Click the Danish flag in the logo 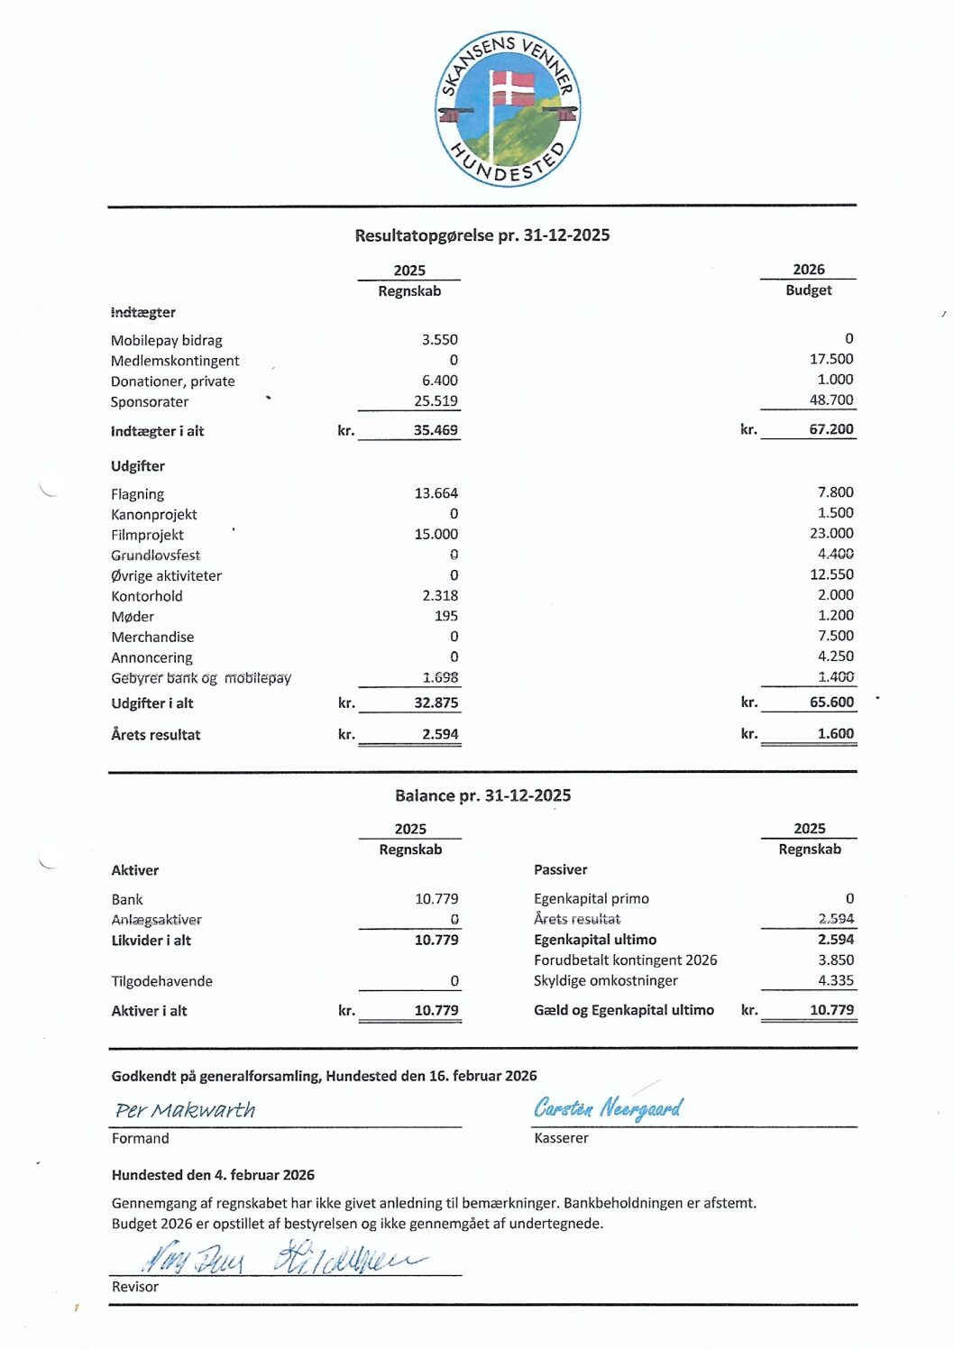[512, 88]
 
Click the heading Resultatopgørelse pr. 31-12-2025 [482, 235]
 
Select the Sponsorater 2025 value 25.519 [436, 401]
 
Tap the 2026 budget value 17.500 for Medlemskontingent [830, 359]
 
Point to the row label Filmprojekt [147, 535]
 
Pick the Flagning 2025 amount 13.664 [436, 493]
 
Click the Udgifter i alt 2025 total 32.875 [436, 703]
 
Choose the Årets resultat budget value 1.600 [835, 734]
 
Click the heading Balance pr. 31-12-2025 [482, 795]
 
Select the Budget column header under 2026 [808, 290]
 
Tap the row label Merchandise [152, 637]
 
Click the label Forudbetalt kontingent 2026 [625, 960]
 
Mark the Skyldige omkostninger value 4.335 [835, 980]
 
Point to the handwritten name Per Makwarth [185, 1110]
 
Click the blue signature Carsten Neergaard [608, 1107]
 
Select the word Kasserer [561, 1138]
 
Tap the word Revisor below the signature [135, 1287]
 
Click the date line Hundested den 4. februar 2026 [213, 1175]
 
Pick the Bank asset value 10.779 [436, 899]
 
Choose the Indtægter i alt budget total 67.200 [830, 430]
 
